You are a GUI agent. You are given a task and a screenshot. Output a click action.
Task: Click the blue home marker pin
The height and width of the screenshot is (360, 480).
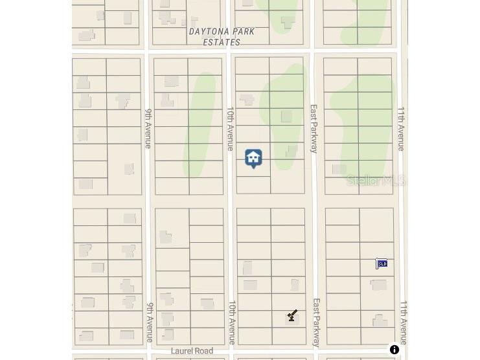tap(253, 158)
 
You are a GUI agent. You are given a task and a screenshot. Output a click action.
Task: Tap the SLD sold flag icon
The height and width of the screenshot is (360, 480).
tap(382, 264)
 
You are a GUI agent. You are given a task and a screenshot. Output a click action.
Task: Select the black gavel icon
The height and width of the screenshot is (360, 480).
tap(292, 315)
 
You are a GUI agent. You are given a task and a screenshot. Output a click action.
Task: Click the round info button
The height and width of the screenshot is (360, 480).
tap(394, 350)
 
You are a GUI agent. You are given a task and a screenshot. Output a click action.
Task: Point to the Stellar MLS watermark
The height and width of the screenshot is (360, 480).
tap(376, 181)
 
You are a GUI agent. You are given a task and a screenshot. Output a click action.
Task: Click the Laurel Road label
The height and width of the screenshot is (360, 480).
tap(192, 351)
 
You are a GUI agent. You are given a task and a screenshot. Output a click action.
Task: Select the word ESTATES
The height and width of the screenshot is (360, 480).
tap(222, 43)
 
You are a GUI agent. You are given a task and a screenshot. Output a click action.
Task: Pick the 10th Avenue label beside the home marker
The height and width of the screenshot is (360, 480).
tap(230, 129)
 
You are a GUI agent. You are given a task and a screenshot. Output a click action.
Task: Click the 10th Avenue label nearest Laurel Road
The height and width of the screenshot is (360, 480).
tap(232, 322)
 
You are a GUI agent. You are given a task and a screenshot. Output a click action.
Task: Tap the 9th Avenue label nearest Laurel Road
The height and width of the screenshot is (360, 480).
tap(150, 322)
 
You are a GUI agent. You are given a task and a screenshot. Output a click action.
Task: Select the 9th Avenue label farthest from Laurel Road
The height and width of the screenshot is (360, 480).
tap(148, 129)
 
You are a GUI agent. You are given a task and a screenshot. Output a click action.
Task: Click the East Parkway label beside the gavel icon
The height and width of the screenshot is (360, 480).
tap(317, 322)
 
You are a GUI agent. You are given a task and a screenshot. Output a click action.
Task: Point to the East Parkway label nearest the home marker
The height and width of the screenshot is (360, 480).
tap(314, 129)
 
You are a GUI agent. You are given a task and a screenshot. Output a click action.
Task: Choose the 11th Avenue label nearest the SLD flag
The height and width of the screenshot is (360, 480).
tap(404, 322)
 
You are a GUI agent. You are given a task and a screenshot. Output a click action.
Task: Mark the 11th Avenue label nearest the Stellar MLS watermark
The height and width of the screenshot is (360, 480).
tap(401, 129)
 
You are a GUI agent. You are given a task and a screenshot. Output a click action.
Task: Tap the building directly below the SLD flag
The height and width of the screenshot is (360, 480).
tap(378, 285)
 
